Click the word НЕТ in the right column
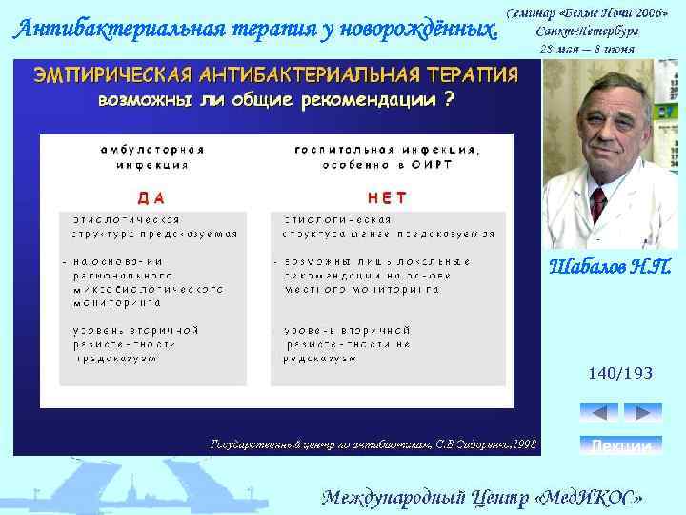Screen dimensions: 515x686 pos(387,197)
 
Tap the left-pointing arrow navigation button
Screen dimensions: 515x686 pos(598,413)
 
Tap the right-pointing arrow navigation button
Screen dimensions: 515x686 pos(643,413)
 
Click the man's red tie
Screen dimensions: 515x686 pos(597,203)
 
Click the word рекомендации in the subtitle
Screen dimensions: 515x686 pos(363,101)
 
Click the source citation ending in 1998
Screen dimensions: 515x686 pos(373,443)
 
